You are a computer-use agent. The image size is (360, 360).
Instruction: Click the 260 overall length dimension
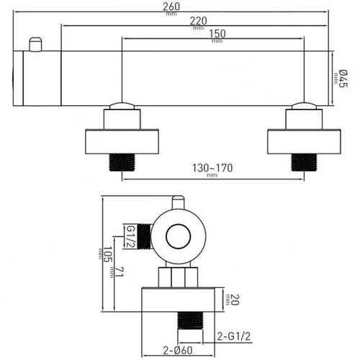[171, 6]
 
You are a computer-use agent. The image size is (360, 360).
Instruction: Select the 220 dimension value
[199, 21]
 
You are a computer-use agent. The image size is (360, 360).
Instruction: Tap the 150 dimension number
[217, 34]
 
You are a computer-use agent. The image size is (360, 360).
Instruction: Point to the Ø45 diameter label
[343, 78]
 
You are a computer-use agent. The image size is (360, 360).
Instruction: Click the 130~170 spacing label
[212, 168]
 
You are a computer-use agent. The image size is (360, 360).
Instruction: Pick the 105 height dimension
[108, 254]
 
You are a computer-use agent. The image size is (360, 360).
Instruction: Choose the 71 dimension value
[119, 272]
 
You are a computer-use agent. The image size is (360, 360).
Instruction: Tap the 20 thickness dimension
[235, 300]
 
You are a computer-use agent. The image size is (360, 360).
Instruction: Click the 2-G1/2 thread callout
[234, 336]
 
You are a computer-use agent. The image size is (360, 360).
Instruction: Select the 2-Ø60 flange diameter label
[178, 351]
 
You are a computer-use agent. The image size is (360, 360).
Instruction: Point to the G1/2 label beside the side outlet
[131, 236]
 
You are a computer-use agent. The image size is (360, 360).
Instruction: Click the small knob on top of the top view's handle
[35, 45]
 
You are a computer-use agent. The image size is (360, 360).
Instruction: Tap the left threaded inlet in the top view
[122, 162]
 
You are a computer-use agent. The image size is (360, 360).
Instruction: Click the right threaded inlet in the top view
[304, 162]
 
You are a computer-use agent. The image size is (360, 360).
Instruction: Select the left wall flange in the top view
[122, 142]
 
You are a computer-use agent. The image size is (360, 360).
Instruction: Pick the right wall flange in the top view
[304, 142]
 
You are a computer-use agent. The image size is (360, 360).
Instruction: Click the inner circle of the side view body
[179, 237]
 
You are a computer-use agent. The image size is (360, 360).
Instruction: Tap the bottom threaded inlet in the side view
[190, 320]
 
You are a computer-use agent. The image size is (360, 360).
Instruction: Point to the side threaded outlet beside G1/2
[145, 236]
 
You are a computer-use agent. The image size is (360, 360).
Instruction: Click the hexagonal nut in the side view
[178, 277]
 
